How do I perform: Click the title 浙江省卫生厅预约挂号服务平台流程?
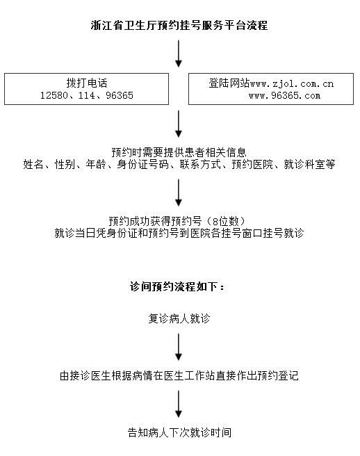point(179,26)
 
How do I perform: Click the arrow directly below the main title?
point(179,54)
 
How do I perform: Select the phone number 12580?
point(54,95)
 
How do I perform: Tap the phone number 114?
point(87,95)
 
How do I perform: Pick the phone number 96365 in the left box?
point(120,95)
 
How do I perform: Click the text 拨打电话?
point(87,83)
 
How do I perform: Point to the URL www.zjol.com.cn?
point(292,84)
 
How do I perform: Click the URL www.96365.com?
point(284,95)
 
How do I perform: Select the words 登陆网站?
point(229,83)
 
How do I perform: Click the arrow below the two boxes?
point(179,124)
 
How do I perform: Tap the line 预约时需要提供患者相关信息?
point(179,152)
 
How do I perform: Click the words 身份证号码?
point(142,164)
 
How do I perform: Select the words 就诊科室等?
point(309,164)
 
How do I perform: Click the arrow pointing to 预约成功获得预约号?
point(179,193)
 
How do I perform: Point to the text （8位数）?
point(226,221)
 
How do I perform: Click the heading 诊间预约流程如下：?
point(177,287)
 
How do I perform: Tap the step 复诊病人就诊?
point(179,318)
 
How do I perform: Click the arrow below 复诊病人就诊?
point(179,347)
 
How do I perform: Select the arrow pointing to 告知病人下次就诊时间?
point(179,404)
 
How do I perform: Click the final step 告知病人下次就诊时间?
point(179,432)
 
